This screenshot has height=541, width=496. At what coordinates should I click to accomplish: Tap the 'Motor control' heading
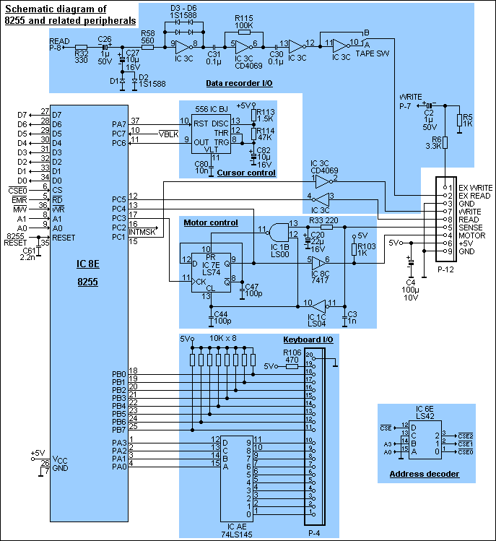pyautogui.click(x=211, y=222)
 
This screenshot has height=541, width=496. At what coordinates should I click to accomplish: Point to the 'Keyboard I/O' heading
pyautogui.click(x=308, y=339)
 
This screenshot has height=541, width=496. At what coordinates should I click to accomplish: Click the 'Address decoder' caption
pyautogui.click(x=424, y=474)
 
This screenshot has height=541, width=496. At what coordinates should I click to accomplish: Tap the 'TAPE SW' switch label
pyautogui.click(x=369, y=53)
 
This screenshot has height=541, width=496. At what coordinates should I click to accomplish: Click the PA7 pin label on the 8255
pyautogui.click(x=118, y=124)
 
